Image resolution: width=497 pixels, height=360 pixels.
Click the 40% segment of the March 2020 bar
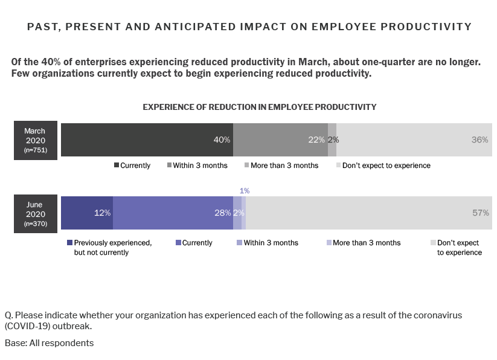point(147,140)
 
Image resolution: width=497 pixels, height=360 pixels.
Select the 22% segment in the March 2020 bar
point(280,140)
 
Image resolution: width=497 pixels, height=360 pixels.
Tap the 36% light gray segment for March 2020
point(414,140)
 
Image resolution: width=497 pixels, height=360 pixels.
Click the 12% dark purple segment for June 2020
point(86,213)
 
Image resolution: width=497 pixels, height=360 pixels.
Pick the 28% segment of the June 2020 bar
point(173,213)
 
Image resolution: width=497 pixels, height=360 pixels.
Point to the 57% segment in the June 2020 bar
point(368,213)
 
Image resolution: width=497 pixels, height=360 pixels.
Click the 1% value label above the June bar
point(245,191)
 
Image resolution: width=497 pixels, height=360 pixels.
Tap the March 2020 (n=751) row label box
point(35,140)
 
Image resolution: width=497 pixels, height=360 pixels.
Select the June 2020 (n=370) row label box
point(35,213)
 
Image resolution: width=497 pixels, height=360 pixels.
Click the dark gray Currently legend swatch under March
point(117,166)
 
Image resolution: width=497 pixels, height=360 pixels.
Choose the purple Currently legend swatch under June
point(178,243)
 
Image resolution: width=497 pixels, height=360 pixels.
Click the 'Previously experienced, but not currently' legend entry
point(109,248)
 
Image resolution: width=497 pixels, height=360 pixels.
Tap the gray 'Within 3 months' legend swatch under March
point(170,166)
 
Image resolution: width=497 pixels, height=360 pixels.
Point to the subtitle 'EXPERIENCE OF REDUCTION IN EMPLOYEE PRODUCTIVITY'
point(259,107)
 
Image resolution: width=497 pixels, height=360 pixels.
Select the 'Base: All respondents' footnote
point(49,343)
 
